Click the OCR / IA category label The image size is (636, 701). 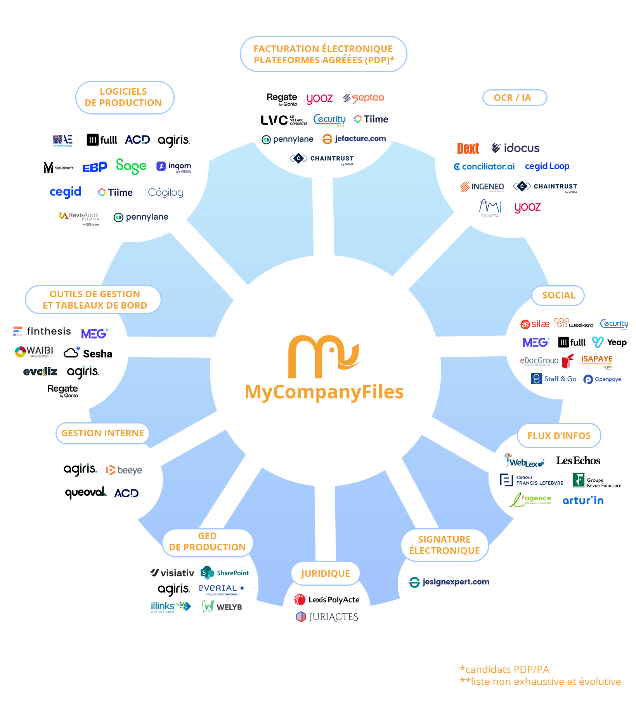point(514,98)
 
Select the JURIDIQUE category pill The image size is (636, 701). point(325,573)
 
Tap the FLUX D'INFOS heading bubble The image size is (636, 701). point(559,436)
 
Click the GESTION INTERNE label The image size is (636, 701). point(102,433)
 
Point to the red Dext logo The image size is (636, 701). point(468,148)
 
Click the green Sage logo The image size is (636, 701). point(131,166)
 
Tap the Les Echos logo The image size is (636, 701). point(578,461)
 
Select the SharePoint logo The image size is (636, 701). point(225,573)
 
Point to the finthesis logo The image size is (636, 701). point(42,331)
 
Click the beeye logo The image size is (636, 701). point(124,470)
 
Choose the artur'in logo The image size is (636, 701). point(583,501)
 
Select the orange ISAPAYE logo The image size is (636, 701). point(597,359)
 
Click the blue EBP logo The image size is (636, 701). point(95,167)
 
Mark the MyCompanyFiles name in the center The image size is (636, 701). point(324,392)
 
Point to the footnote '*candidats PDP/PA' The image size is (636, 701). point(504,670)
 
